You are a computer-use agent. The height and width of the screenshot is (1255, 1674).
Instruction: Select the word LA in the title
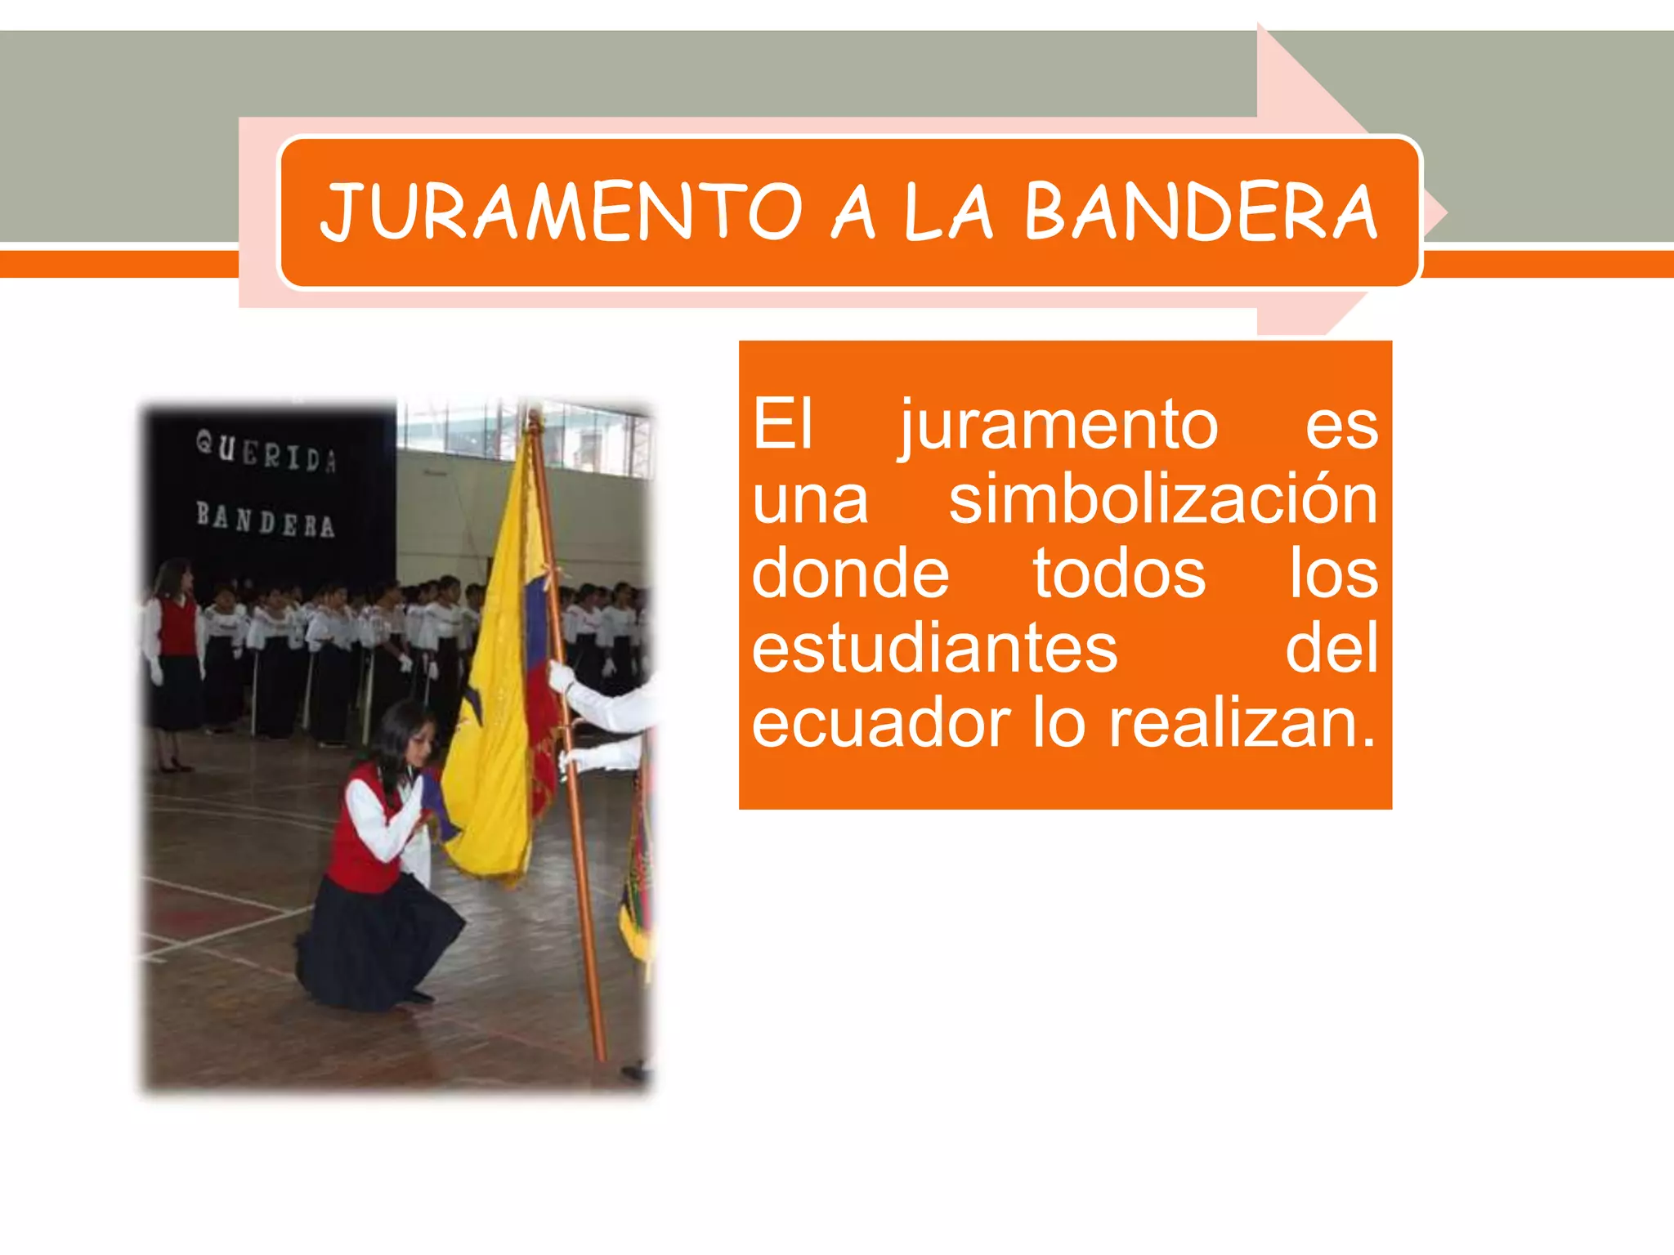948,212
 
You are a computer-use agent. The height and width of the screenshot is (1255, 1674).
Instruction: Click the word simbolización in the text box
1163,499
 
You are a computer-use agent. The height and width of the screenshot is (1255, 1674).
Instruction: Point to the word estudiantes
934,649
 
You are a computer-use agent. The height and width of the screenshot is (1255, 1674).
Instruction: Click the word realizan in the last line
1241,724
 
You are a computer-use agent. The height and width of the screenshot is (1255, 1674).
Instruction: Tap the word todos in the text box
1119,574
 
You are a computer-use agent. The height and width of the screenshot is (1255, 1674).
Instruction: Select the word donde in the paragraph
850,574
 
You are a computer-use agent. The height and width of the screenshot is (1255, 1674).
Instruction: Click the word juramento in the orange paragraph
1059,426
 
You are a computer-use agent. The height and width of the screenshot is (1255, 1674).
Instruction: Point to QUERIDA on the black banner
266,452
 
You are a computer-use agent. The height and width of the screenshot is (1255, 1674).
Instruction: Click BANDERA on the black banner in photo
266,520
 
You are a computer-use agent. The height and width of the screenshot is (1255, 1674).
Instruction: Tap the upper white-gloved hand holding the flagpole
562,677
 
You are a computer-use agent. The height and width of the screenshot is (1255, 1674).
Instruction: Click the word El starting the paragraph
782,426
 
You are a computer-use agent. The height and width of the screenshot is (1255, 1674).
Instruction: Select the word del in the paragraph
1332,649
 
